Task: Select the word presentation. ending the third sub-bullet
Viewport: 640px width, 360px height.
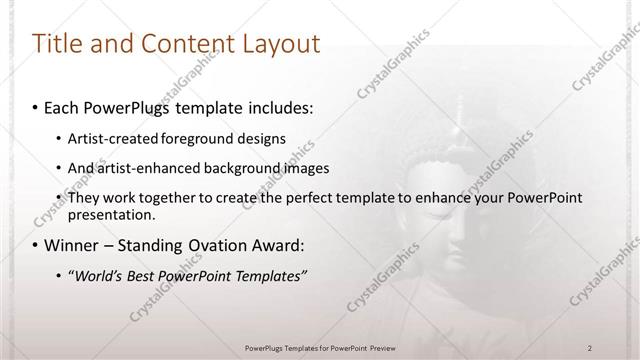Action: click(111, 214)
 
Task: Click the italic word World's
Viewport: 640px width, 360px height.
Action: click(96, 276)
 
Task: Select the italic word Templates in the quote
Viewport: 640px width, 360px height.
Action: click(270, 276)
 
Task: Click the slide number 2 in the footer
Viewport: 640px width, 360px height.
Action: click(590, 347)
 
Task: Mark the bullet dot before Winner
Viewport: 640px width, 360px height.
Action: click(36, 245)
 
